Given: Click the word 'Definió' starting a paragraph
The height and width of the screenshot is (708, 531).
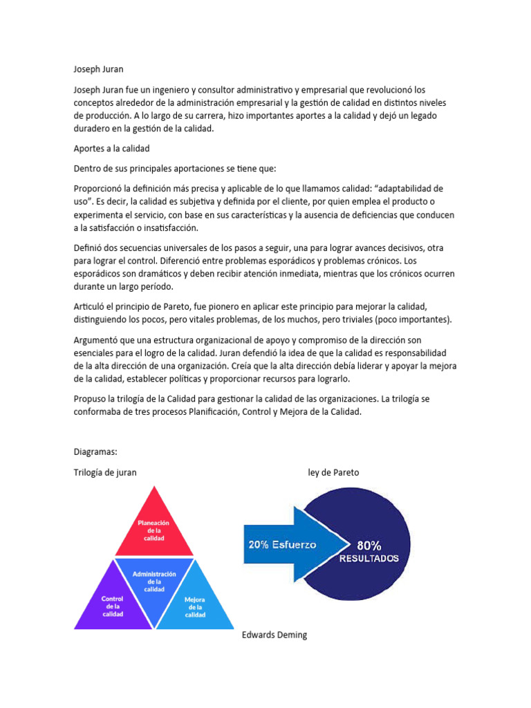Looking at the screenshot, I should click(x=90, y=248).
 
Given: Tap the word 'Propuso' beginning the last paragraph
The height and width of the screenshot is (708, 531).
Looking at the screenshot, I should click(x=91, y=399).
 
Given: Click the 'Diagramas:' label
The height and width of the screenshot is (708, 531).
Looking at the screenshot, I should click(x=95, y=451).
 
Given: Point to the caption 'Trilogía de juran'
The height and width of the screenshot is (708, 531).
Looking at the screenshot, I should click(x=105, y=472).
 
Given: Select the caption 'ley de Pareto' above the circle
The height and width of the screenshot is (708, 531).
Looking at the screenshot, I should click(x=333, y=472).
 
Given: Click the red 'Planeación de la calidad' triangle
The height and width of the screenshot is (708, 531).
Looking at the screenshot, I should click(x=153, y=530).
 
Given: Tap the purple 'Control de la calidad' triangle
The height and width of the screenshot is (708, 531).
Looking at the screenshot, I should click(x=112, y=601).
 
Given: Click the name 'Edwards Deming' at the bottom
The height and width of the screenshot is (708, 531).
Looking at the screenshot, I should click(x=274, y=635).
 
